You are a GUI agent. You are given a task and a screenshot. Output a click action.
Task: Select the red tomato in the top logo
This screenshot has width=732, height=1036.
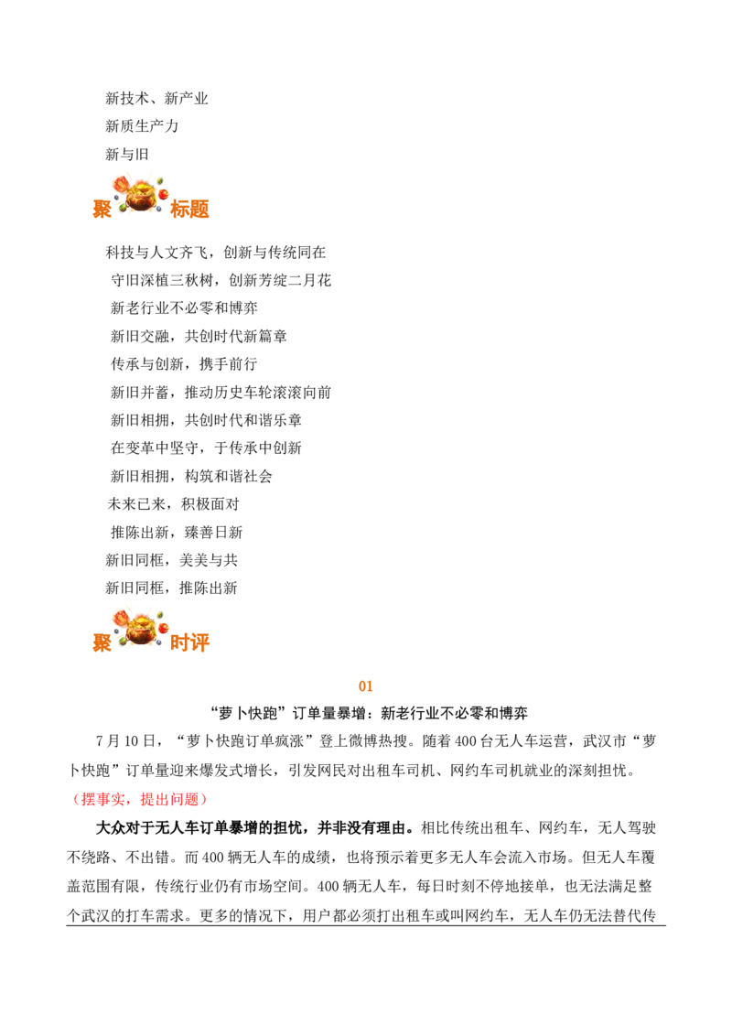[x=162, y=194]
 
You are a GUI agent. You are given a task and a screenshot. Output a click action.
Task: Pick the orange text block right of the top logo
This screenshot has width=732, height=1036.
[x=191, y=209]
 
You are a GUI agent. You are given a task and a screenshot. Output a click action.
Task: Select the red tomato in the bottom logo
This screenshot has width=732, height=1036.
[x=162, y=629]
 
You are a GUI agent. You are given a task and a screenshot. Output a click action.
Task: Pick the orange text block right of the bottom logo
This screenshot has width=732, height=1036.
[x=191, y=643]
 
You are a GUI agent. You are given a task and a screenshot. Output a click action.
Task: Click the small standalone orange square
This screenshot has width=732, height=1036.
[x=366, y=685]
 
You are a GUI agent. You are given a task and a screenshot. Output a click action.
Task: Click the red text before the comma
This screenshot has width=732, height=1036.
[x=104, y=799]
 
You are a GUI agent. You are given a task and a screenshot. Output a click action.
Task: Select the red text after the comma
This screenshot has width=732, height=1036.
[x=172, y=799]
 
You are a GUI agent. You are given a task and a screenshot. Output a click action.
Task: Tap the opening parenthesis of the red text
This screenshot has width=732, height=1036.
[x=77, y=799]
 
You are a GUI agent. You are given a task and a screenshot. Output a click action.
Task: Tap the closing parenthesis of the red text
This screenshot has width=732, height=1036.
[x=205, y=799]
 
